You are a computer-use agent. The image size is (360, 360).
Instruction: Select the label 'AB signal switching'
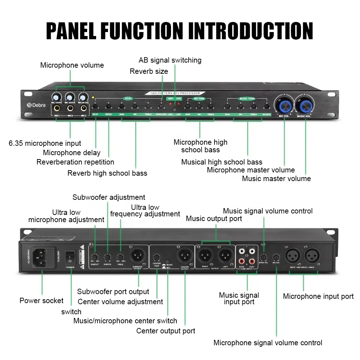tap(170, 60)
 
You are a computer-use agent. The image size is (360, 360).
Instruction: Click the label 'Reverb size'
tap(149, 71)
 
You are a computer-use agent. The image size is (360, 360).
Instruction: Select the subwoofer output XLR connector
tap(137, 256)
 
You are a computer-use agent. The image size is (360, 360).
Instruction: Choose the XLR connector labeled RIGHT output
tap(205, 256)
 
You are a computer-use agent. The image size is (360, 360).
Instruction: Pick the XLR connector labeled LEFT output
tap(225, 256)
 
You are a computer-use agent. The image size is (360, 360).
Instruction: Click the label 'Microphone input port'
tap(318, 296)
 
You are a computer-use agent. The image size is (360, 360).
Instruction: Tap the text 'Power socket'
tap(41, 301)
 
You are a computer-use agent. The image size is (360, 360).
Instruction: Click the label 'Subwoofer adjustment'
tap(109, 197)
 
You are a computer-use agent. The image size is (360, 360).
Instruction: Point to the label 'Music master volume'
tap(276, 178)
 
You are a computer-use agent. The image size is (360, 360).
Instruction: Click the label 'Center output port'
tap(166, 331)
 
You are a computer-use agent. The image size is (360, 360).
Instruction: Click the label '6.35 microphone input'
tap(45, 143)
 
